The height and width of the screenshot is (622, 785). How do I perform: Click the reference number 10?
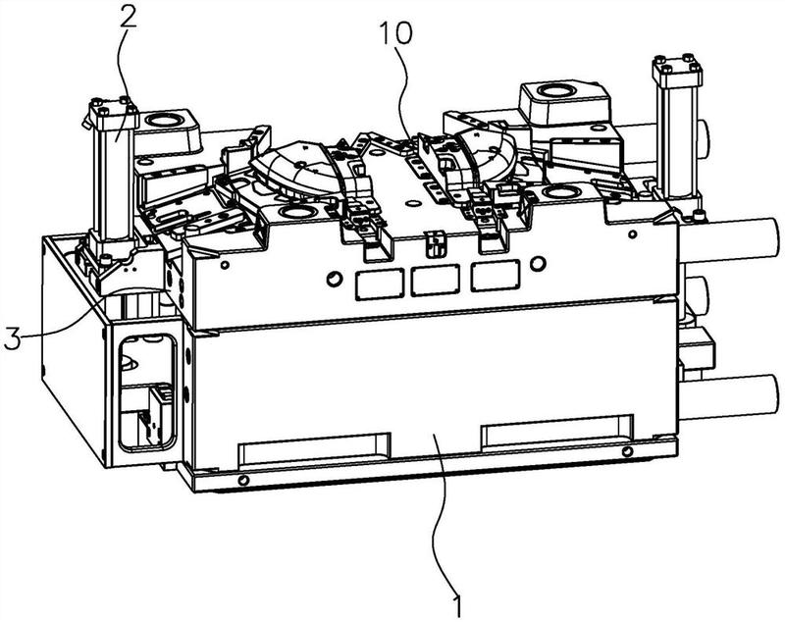(x=395, y=33)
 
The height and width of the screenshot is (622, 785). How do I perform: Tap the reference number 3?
(x=12, y=338)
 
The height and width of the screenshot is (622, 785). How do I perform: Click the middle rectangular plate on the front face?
(x=435, y=281)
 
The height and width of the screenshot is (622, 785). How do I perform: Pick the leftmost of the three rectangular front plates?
(x=380, y=285)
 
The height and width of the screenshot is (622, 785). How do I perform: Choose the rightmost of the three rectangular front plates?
(x=495, y=276)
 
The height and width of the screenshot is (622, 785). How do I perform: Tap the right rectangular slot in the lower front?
(x=557, y=431)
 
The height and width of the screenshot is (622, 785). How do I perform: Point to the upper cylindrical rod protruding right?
(x=730, y=240)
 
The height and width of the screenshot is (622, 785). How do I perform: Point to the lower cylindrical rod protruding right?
(x=731, y=397)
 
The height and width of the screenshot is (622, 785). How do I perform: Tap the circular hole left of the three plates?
(x=334, y=279)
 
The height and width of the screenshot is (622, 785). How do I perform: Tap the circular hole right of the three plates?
(x=538, y=263)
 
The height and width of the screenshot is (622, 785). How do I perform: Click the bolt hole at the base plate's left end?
(x=243, y=481)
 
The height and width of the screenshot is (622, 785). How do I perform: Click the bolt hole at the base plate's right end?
(x=627, y=452)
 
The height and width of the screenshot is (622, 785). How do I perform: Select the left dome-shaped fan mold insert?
(x=292, y=165)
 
